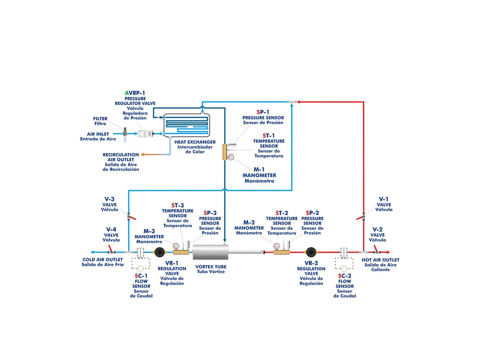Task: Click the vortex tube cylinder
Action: [x=210, y=252]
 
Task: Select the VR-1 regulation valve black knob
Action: [x=159, y=252]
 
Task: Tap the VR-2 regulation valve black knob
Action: [x=311, y=252]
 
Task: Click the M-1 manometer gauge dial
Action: [x=231, y=157]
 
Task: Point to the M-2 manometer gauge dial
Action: [x=276, y=246]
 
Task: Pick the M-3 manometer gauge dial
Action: [x=176, y=246]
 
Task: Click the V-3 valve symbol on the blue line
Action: [x=129, y=216]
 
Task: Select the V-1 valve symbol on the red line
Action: [x=363, y=216]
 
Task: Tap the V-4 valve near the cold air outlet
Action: [x=111, y=251]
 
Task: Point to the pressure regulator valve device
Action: [x=145, y=134]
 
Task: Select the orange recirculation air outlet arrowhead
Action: [x=143, y=155]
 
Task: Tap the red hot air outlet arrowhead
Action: [x=388, y=252]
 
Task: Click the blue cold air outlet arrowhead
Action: [x=92, y=252]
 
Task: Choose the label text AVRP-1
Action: [x=135, y=93]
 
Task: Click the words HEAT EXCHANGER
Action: [x=195, y=142]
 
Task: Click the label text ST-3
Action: [x=178, y=205]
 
